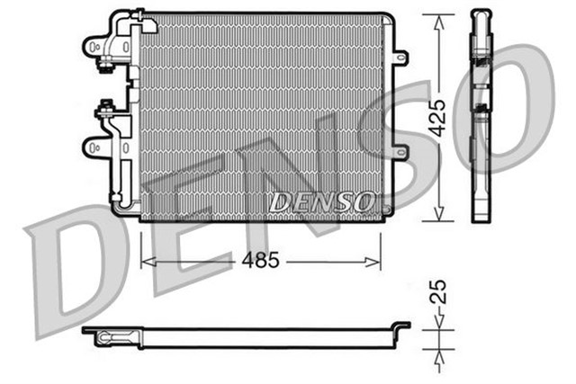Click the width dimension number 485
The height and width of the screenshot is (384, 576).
[259, 261]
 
